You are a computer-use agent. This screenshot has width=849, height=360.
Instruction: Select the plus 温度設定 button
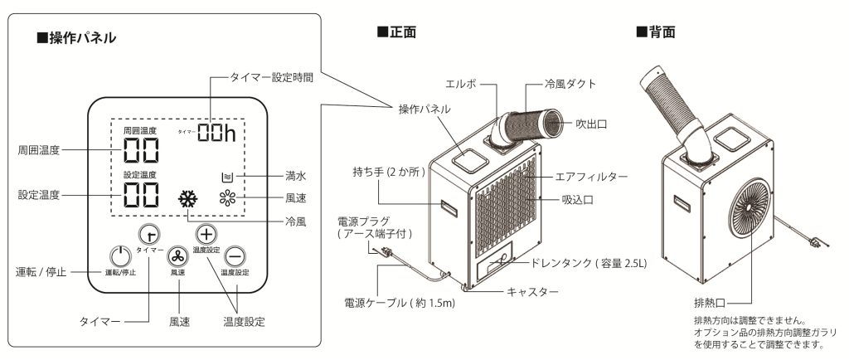(206, 235)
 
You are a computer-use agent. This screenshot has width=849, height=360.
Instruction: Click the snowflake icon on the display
(188, 199)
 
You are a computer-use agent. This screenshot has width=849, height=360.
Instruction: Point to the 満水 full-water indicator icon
(227, 177)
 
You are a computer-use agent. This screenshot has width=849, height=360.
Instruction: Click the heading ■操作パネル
(76, 38)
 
